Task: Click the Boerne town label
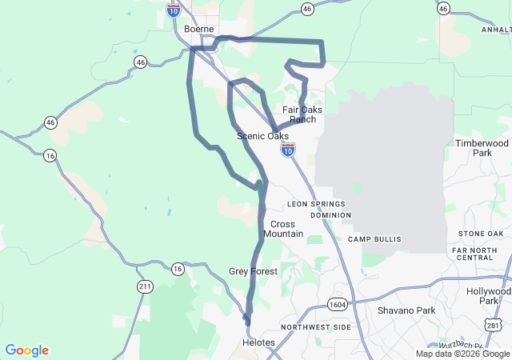198,29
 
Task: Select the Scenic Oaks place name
262,136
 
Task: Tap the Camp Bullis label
374,239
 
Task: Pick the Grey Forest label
253,272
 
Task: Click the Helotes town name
258,342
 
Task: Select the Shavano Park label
406,310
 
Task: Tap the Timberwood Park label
482,148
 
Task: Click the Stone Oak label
481,233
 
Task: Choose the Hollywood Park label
489,296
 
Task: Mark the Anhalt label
497,30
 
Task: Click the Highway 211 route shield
145,286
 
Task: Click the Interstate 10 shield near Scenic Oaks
288,149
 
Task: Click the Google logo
26,350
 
